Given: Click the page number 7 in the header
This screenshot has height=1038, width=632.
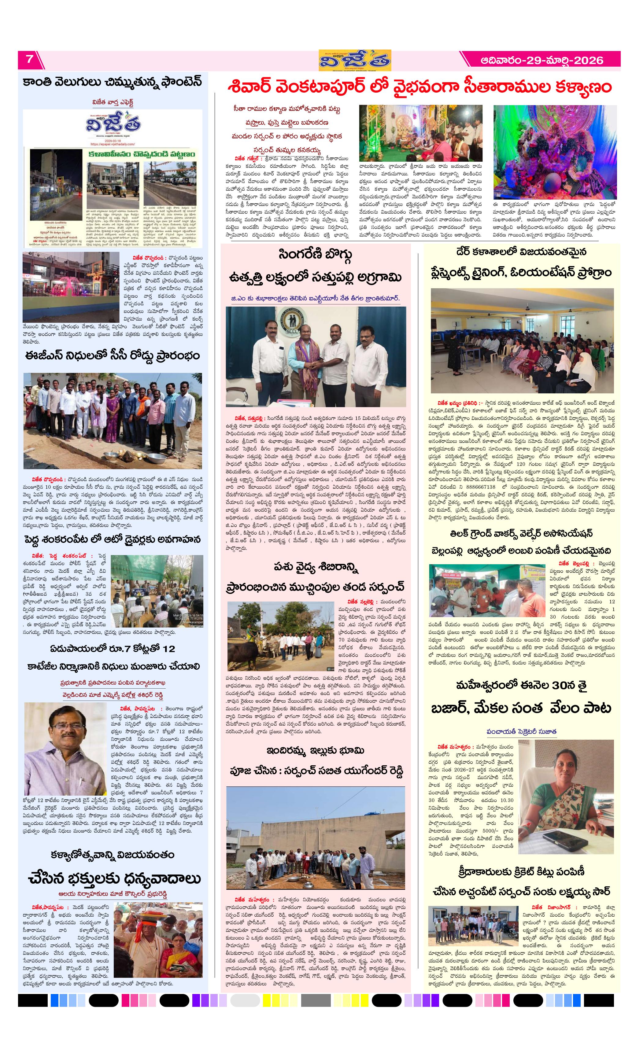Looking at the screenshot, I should (29, 59).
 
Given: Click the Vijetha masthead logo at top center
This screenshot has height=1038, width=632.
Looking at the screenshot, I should (354, 61).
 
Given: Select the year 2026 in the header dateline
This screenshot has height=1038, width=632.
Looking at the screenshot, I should (589, 60).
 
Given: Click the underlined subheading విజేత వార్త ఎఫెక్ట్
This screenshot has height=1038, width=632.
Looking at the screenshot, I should (113, 102).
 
